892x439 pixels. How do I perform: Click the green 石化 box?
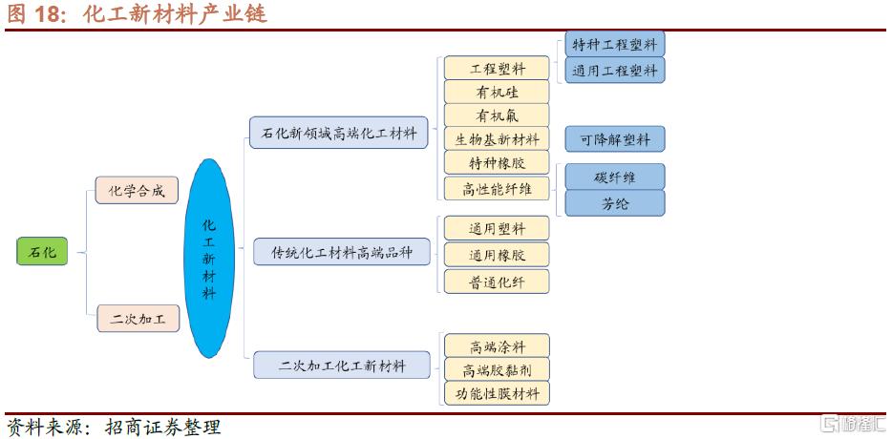42,252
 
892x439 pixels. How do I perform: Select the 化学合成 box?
137,191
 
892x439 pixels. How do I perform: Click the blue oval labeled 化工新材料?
209,259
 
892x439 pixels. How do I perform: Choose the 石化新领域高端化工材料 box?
339,133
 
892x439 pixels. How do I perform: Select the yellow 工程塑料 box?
497,69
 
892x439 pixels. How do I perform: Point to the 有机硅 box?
497,93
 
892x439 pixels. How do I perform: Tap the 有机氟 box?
497,116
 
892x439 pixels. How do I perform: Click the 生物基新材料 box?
497,139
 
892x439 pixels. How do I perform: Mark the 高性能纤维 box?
497,188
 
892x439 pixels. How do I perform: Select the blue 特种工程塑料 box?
614,44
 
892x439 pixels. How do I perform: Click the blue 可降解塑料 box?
614,139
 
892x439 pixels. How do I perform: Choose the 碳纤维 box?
614,177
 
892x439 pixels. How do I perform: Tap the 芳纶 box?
614,202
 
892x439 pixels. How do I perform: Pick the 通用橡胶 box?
497,255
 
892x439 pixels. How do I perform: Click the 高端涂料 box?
497,345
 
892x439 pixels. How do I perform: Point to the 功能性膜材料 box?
497,392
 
